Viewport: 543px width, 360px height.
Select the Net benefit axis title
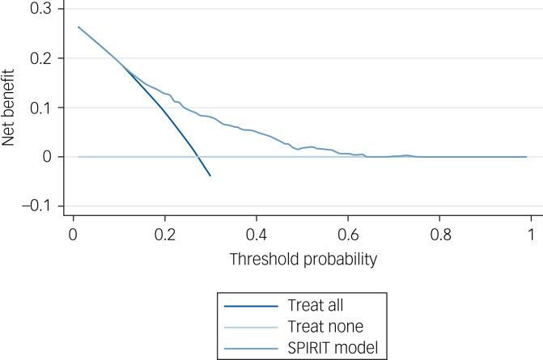10,108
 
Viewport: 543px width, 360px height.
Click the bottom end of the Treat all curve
210,176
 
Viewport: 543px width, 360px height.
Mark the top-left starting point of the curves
78,27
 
